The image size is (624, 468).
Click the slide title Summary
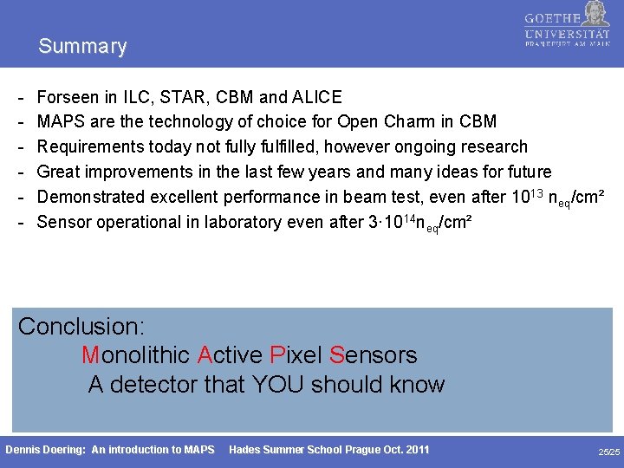(x=82, y=46)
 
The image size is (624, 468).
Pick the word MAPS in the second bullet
(x=62, y=121)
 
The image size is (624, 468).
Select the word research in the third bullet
(x=491, y=146)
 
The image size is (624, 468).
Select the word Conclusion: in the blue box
(x=81, y=327)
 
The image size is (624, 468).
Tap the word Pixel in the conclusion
(x=295, y=355)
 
